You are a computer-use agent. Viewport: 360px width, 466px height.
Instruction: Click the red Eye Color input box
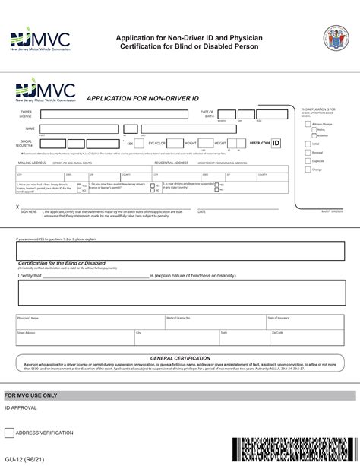click(175, 142)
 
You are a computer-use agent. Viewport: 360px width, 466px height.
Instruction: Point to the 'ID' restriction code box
click(276, 142)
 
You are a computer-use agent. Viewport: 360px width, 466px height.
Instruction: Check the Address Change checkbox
click(308, 123)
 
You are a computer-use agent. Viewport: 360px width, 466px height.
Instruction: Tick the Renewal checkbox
click(308, 152)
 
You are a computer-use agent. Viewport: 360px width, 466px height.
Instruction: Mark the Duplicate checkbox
click(308, 161)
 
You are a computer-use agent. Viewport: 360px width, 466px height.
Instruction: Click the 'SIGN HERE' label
click(29, 211)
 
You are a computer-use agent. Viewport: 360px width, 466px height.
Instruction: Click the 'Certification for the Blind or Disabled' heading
click(62, 263)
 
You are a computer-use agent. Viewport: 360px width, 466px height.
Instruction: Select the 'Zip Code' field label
click(277, 332)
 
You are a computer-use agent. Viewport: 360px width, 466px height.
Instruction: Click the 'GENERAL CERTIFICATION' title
click(179, 357)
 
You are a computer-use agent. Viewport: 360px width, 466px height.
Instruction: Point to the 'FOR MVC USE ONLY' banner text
click(31, 395)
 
